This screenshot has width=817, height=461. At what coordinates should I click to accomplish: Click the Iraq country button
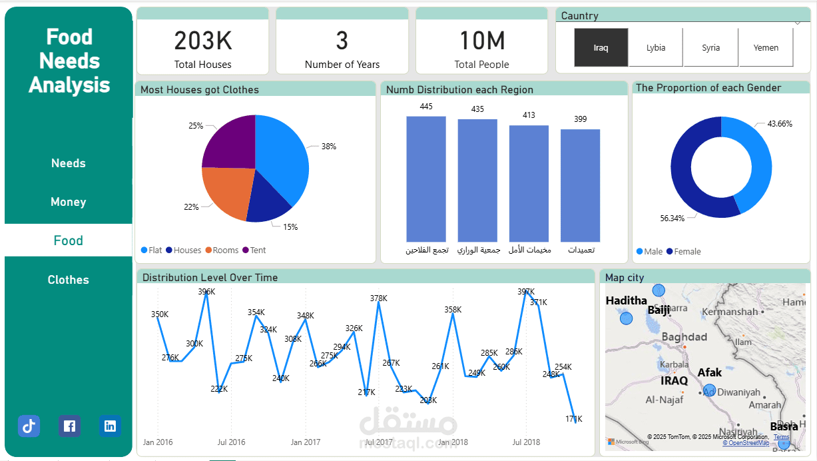pyautogui.click(x=601, y=48)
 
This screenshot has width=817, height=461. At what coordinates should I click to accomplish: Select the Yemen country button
pyautogui.click(x=766, y=48)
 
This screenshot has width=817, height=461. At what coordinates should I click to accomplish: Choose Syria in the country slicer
pyautogui.click(x=710, y=48)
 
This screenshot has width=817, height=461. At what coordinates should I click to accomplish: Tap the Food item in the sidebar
pyautogui.click(x=68, y=240)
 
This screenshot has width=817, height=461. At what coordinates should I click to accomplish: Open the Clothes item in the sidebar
pyautogui.click(x=68, y=280)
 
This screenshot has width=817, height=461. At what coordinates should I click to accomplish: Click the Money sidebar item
pyautogui.click(x=68, y=202)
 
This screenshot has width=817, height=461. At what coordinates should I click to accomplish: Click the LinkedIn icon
pyautogui.click(x=110, y=426)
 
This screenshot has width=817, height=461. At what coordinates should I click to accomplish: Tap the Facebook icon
pyautogui.click(x=69, y=426)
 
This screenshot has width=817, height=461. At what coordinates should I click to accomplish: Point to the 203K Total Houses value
pyautogui.click(x=203, y=41)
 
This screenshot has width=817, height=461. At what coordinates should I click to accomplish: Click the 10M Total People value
pyautogui.click(x=482, y=41)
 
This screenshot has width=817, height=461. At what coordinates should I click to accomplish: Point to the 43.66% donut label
pyautogui.click(x=779, y=124)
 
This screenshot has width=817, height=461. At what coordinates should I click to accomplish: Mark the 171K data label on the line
pyautogui.click(x=574, y=419)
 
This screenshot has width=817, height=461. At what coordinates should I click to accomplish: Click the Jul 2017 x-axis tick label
pyautogui.click(x=379, y=442)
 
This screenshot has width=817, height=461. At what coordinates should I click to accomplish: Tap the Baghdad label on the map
pyautogui.click(x=684, y=337)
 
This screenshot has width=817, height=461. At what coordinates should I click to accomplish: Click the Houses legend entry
pyautogui.click(x=187, y=250)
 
